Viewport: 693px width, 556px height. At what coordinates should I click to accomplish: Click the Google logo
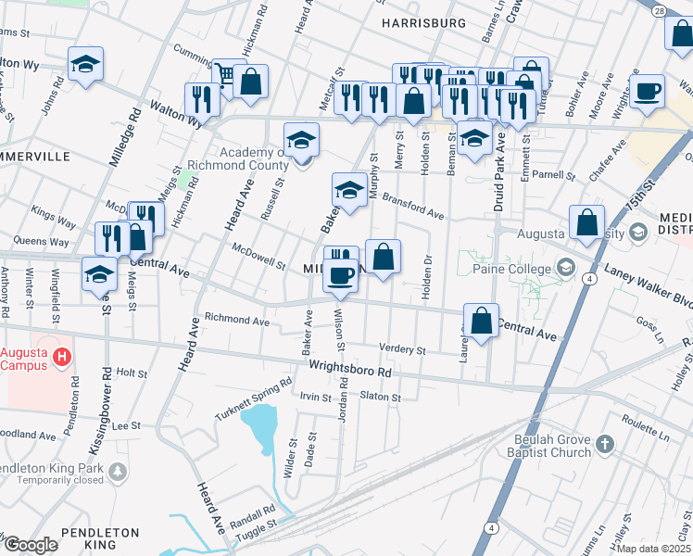click(30, 545)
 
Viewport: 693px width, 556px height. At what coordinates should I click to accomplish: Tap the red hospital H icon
click(62, 356)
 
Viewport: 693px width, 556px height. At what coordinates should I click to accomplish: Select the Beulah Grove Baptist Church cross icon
click(603, 443)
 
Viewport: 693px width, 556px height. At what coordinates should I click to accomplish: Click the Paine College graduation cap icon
click(563, 269)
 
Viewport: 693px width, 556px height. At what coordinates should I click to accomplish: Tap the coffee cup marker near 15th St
click(647, 92)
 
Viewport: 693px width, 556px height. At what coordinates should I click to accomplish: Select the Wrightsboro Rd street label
click(351, 370)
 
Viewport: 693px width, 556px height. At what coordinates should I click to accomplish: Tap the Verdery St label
click(402, 350)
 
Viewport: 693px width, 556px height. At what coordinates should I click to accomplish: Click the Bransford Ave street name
click(413, 208)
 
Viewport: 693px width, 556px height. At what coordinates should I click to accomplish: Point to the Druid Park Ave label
click(498, 171)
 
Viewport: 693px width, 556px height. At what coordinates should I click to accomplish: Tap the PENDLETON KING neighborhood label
click(100, 539)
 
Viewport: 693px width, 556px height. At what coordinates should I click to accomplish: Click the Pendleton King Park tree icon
click(117, 474)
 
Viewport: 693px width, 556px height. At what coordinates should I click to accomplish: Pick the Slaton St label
click(380, 397)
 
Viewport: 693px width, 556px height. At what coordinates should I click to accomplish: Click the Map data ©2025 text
click(652, 549)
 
